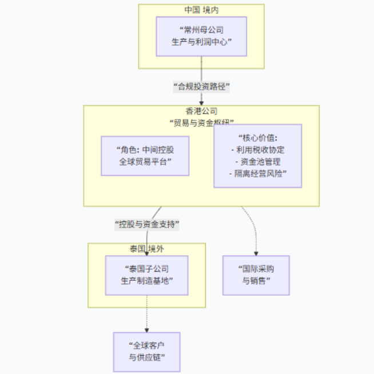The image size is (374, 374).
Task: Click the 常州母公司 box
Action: [x=201, y=36]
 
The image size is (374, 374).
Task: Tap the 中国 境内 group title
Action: [x=201, y=10]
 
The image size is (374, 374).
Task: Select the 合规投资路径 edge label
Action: [x=201, y=86]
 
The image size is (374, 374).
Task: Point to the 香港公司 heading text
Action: [x=201, y=111]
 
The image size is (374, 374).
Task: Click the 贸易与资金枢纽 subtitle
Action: [x=201, y=122]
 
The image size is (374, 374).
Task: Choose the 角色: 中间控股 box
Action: [x=145, y=156]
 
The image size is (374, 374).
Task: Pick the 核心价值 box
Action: [x=257, y=156]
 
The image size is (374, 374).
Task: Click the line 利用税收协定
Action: [x=257, y=150]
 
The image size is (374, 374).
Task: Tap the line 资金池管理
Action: [x=257, y=161]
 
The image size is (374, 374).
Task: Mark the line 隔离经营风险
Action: [x=257, y=173]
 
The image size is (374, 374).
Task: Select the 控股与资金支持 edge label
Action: [x=147, y=224]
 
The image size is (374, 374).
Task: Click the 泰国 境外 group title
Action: [x=146, y=249]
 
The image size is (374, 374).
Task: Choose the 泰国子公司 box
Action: [x=146, y=275]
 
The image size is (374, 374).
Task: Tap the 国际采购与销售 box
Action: [x=256, y=275]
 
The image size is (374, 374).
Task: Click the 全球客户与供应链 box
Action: [x=146, y=352]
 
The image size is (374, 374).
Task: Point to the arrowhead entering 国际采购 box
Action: [x=256, y=253]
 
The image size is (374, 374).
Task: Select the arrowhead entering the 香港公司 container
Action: [x=201, y=102]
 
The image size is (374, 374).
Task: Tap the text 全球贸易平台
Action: [x=145, y=161]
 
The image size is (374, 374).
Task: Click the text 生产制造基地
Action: [x=146, y=281]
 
